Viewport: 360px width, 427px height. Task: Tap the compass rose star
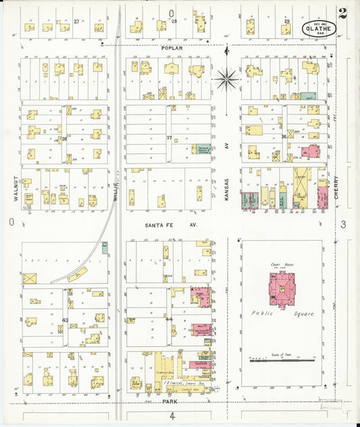(x=228, y=78)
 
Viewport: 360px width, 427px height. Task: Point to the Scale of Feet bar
(x=279, y=361)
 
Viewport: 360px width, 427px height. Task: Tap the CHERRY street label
(x=336, y=187)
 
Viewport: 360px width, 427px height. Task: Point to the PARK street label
(x=171, y=401)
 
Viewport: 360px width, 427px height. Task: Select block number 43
(x=66, y=320)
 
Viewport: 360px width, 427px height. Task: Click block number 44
(x=169, y=319)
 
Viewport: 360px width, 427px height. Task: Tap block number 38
(x=65, y=139)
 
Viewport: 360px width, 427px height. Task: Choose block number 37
(x=169, y=138)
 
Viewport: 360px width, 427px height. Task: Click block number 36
(x=284, y=137)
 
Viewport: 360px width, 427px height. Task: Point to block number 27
(x=76, y=22)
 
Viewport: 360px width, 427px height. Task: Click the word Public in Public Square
(x=262, y=313)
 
